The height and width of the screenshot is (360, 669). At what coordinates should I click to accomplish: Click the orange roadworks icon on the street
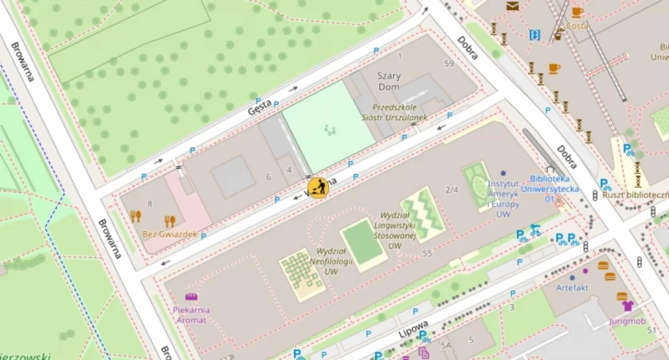[x=318, y=188]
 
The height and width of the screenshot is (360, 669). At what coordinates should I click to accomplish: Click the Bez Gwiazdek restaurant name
[x=170, y=234]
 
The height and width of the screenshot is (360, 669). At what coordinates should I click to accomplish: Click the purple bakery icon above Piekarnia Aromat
[x=190, y=296]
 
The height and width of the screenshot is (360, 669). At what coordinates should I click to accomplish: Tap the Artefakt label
[x=572, y=287]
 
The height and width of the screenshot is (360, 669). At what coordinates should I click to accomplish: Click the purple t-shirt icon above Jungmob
[x=627, y=306]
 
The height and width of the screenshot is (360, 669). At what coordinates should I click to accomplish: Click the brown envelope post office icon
[x=511, y=6]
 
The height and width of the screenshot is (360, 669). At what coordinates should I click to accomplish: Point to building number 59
[x=448, y=64]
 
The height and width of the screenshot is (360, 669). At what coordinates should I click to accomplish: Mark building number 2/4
[x=452, y=190]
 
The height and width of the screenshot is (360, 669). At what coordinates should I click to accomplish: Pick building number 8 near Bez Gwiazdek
[x=149, y=205]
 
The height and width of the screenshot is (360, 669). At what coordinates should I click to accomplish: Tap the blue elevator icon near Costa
[x=534, y=35]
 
